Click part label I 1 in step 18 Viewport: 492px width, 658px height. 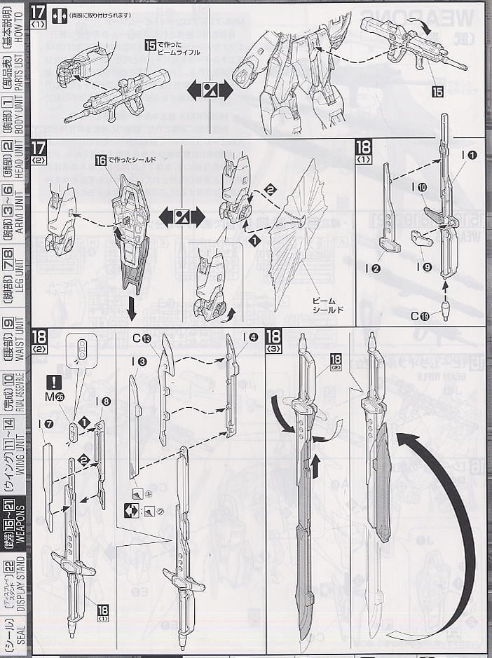(x=468, y=155)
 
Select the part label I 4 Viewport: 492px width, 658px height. (x=249, y=337)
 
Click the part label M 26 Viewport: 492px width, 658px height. (x=55, y=398)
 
